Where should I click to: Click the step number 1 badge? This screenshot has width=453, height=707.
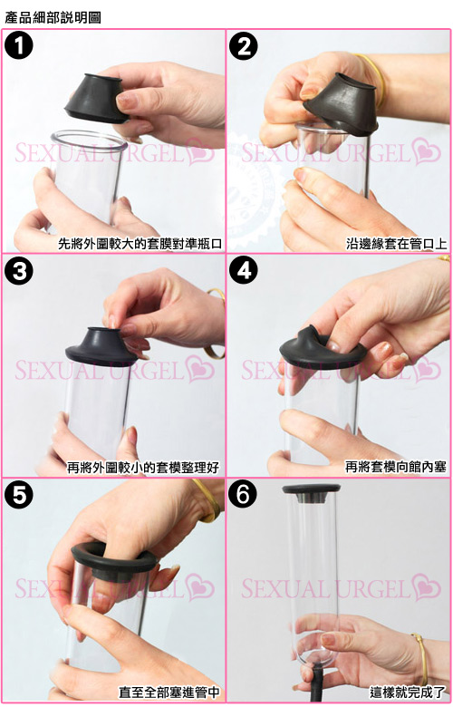point(19,46)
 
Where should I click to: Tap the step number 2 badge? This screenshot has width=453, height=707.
point(244,46)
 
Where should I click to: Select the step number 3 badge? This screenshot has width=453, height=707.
point(19,271)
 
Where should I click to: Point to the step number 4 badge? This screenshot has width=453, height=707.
point(244,271)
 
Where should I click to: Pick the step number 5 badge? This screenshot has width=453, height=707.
point(19,495)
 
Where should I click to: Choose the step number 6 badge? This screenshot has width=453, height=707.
point(244,495)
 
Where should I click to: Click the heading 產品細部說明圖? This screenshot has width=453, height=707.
point(53,17)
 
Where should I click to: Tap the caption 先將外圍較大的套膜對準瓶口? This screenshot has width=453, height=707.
point(140,244)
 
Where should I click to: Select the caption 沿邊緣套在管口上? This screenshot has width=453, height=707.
point(397,244)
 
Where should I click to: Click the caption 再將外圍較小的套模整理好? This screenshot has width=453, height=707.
point(143,468)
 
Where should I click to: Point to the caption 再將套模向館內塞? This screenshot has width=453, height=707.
point(396,467)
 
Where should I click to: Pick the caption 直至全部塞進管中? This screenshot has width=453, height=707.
point(169,692)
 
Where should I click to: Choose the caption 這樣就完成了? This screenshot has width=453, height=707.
point(408,692)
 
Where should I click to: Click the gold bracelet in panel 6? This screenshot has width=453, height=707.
point(420,658)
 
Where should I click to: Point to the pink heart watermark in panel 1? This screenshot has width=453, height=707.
point(200,152)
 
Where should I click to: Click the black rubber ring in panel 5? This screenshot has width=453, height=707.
point(114,558)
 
